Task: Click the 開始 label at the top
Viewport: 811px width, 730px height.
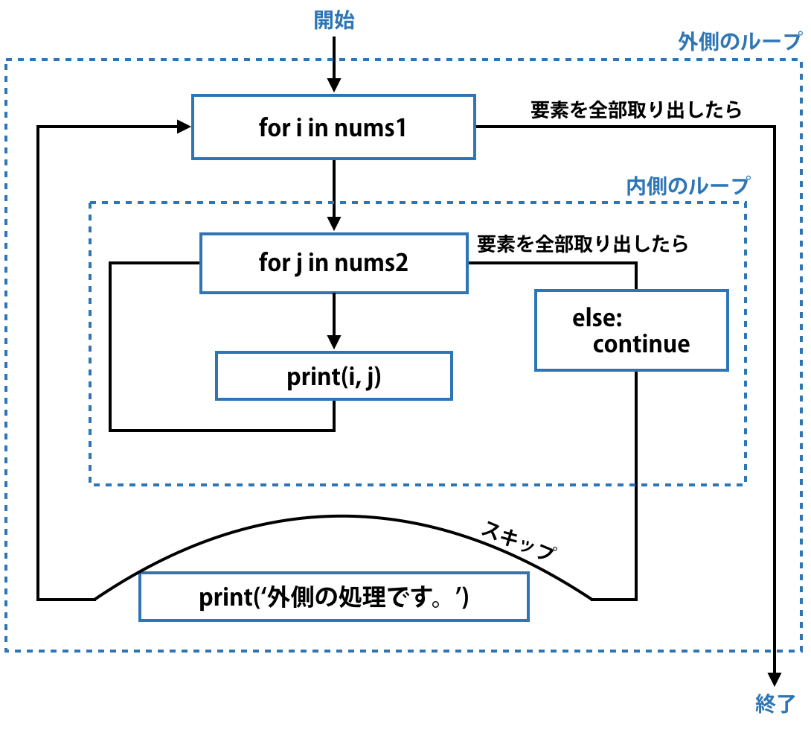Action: click(x=334, y=21)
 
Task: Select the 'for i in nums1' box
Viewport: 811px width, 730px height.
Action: click(x=333, y=127)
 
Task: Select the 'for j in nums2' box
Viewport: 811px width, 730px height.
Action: click(x=333, y=263)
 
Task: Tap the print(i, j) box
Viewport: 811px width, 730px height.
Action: click(x=333, y=376)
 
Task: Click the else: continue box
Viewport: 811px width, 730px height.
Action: click(x=631, y=331)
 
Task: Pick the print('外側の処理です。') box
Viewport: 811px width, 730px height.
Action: click(x=333, y=597)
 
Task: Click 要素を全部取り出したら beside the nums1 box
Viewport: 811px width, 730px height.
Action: click(x=636, y=110)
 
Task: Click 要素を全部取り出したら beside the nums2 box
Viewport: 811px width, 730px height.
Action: click(x=583, y=244)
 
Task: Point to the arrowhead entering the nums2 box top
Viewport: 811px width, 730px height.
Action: click(x=334, y=223)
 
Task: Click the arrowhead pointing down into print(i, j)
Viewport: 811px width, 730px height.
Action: click(x=334, y=342)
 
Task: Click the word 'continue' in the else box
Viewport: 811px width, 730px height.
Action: click(x=641, y=344)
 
